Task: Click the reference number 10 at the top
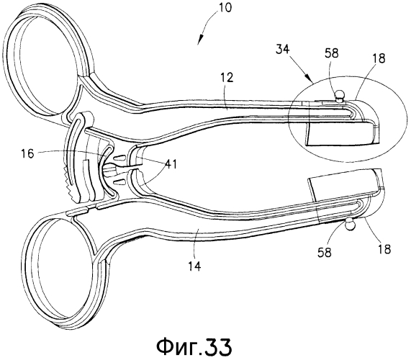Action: click(x=225, y=8)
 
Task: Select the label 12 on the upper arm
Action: click(x=227, y=78)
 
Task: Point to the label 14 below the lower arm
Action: click(x=194, y=266)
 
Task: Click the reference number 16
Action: click(x=27, y=154)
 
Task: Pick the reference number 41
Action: click(x=170, y=165)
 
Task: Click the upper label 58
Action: click(x=331, y=53)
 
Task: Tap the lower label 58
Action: click(x=325, y=253)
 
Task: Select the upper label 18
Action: click(x=379, y=58)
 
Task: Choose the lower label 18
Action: click(x=384, y=248)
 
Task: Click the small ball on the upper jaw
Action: click(x=339, y=96)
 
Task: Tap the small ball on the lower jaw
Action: click(x=350, y=224)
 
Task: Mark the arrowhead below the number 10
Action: click(x=199, y=40)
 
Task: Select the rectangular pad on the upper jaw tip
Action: click(x=341, y=134)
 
